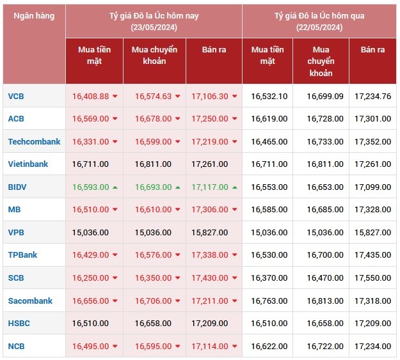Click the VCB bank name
coord(17,96)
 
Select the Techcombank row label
coord(34,141)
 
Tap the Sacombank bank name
coord(30,301)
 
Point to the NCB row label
coord(17,346)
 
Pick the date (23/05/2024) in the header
coord(154,27)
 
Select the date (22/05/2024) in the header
coord(319,27)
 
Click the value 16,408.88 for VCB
coord(90,96)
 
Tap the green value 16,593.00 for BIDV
coord(90,187)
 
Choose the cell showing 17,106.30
coord(209,96)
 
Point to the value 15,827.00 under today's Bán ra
coord(209,232)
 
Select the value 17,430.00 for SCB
coord(209,278)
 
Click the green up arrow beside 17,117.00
coord(235,187)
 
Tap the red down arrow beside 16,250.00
coord(115,278)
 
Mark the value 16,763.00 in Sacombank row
coord(269,301)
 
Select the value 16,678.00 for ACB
coord(153,118)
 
